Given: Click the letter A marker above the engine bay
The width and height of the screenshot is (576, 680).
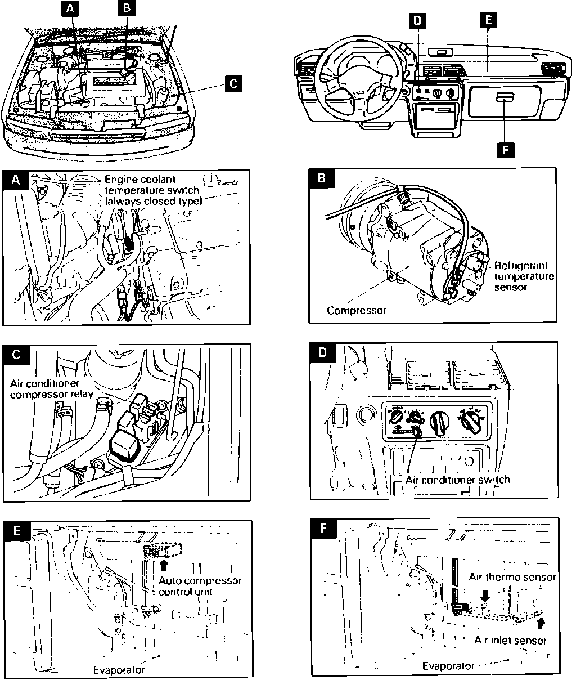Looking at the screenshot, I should click(69, 8).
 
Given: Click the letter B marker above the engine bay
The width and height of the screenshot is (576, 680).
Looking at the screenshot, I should click(126, 8).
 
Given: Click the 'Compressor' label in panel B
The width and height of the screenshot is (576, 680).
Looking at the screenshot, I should click(357, 310).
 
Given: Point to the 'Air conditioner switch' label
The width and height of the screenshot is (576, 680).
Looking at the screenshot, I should click(458, 480).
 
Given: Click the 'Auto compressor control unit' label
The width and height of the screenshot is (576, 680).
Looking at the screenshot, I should click(200, 586).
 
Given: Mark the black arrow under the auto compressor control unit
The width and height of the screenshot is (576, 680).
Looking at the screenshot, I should click(164, 563).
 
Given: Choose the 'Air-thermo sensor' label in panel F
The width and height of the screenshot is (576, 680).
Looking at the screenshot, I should click(512, 577).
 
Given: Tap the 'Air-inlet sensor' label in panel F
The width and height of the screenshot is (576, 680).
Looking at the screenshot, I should click(510, 640).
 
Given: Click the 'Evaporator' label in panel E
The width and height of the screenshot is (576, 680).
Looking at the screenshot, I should click(119, 669).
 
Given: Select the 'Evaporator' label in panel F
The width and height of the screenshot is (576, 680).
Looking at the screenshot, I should click(448, 665).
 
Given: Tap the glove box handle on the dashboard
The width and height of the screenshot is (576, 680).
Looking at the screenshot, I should click(505, 99).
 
